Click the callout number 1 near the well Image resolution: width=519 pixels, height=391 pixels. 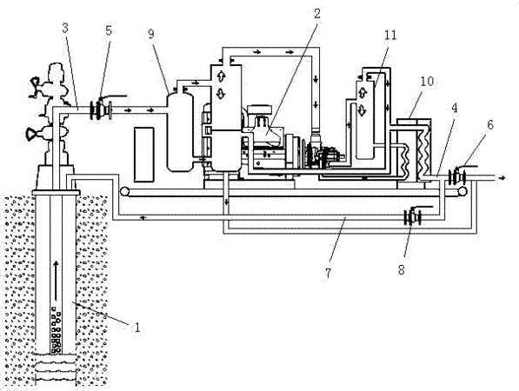point(136,328)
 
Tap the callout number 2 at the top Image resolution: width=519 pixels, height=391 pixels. point(317,14)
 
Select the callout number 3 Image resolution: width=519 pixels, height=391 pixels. point(65,28)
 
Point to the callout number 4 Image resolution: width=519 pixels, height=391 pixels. point(455,108)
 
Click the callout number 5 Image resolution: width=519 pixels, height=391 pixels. point(109,30)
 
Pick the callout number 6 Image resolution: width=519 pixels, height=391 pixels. point(490,125)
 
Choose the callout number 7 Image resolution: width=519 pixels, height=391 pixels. point(328,273)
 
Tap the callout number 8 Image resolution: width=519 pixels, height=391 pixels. point(402,270)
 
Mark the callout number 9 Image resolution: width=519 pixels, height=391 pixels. point(151,34)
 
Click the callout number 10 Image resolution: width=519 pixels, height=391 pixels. point(427,81)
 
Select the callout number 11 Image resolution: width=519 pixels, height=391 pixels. point(390,35)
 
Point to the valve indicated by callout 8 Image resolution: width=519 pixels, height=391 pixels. point(413,216)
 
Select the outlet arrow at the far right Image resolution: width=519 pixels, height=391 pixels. point(502,178)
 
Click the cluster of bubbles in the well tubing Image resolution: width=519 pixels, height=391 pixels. point(56,329)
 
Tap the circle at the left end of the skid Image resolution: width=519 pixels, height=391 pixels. point(124,191)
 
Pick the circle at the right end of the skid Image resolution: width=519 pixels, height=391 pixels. point(462,191)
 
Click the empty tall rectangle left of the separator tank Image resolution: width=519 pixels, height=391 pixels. point(144,155)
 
